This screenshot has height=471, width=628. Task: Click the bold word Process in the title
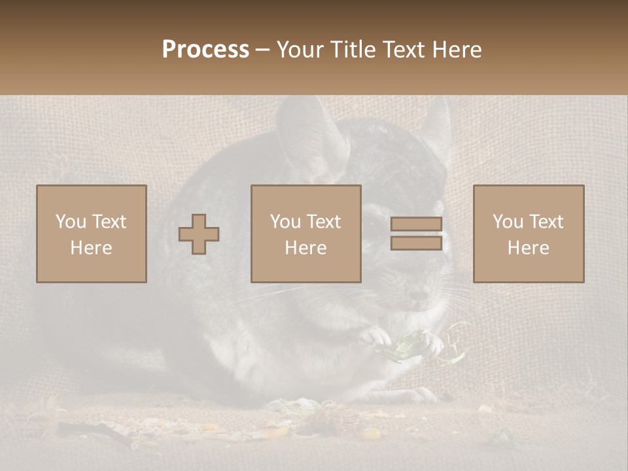point(205,50)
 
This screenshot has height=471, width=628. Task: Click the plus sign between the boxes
point(199,234)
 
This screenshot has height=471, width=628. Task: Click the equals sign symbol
point(416,234)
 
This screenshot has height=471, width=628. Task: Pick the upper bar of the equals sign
point(416,224)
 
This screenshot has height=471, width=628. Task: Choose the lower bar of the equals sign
point(416,243)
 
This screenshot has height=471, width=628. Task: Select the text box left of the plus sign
point(92,234)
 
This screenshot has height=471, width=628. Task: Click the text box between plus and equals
point(306,234)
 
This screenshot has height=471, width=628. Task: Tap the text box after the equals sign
point(529,234)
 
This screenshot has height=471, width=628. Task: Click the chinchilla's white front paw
point(374,336)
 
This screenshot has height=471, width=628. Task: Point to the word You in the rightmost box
point(508,222)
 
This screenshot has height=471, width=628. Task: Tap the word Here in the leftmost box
point(92,248)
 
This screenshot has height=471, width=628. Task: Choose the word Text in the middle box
point(324,222)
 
